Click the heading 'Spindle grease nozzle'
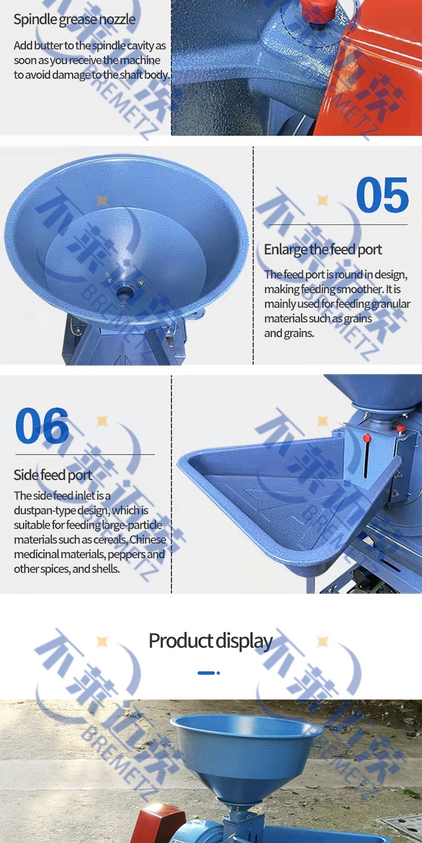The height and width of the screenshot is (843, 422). pyautogui.click(x=74, y=20)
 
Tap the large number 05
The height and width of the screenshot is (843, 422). pyautogui.click(x=382, y=195)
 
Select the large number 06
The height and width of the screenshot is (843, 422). pyautogui.click(x=42, y=425)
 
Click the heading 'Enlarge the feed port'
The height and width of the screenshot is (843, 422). pyautogui.click(x=323, y=249)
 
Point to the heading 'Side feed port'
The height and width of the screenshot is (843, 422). pyautogui.click(x=53, y=475)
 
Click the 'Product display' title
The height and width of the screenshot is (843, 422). pyautogui.click(x=210, y=641)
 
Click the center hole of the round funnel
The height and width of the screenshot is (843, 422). pyautogui.click(x=123, y=292)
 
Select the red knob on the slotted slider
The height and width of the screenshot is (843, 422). pyautogui.click(x=367, y=438)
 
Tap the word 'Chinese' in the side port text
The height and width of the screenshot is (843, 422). pyautogui.click(x=147, y=540)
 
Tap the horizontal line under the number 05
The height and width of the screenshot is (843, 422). pyautogui.click(x=338, y=225)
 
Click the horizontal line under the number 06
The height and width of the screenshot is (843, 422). pyautogui.click(x=85, y=455)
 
